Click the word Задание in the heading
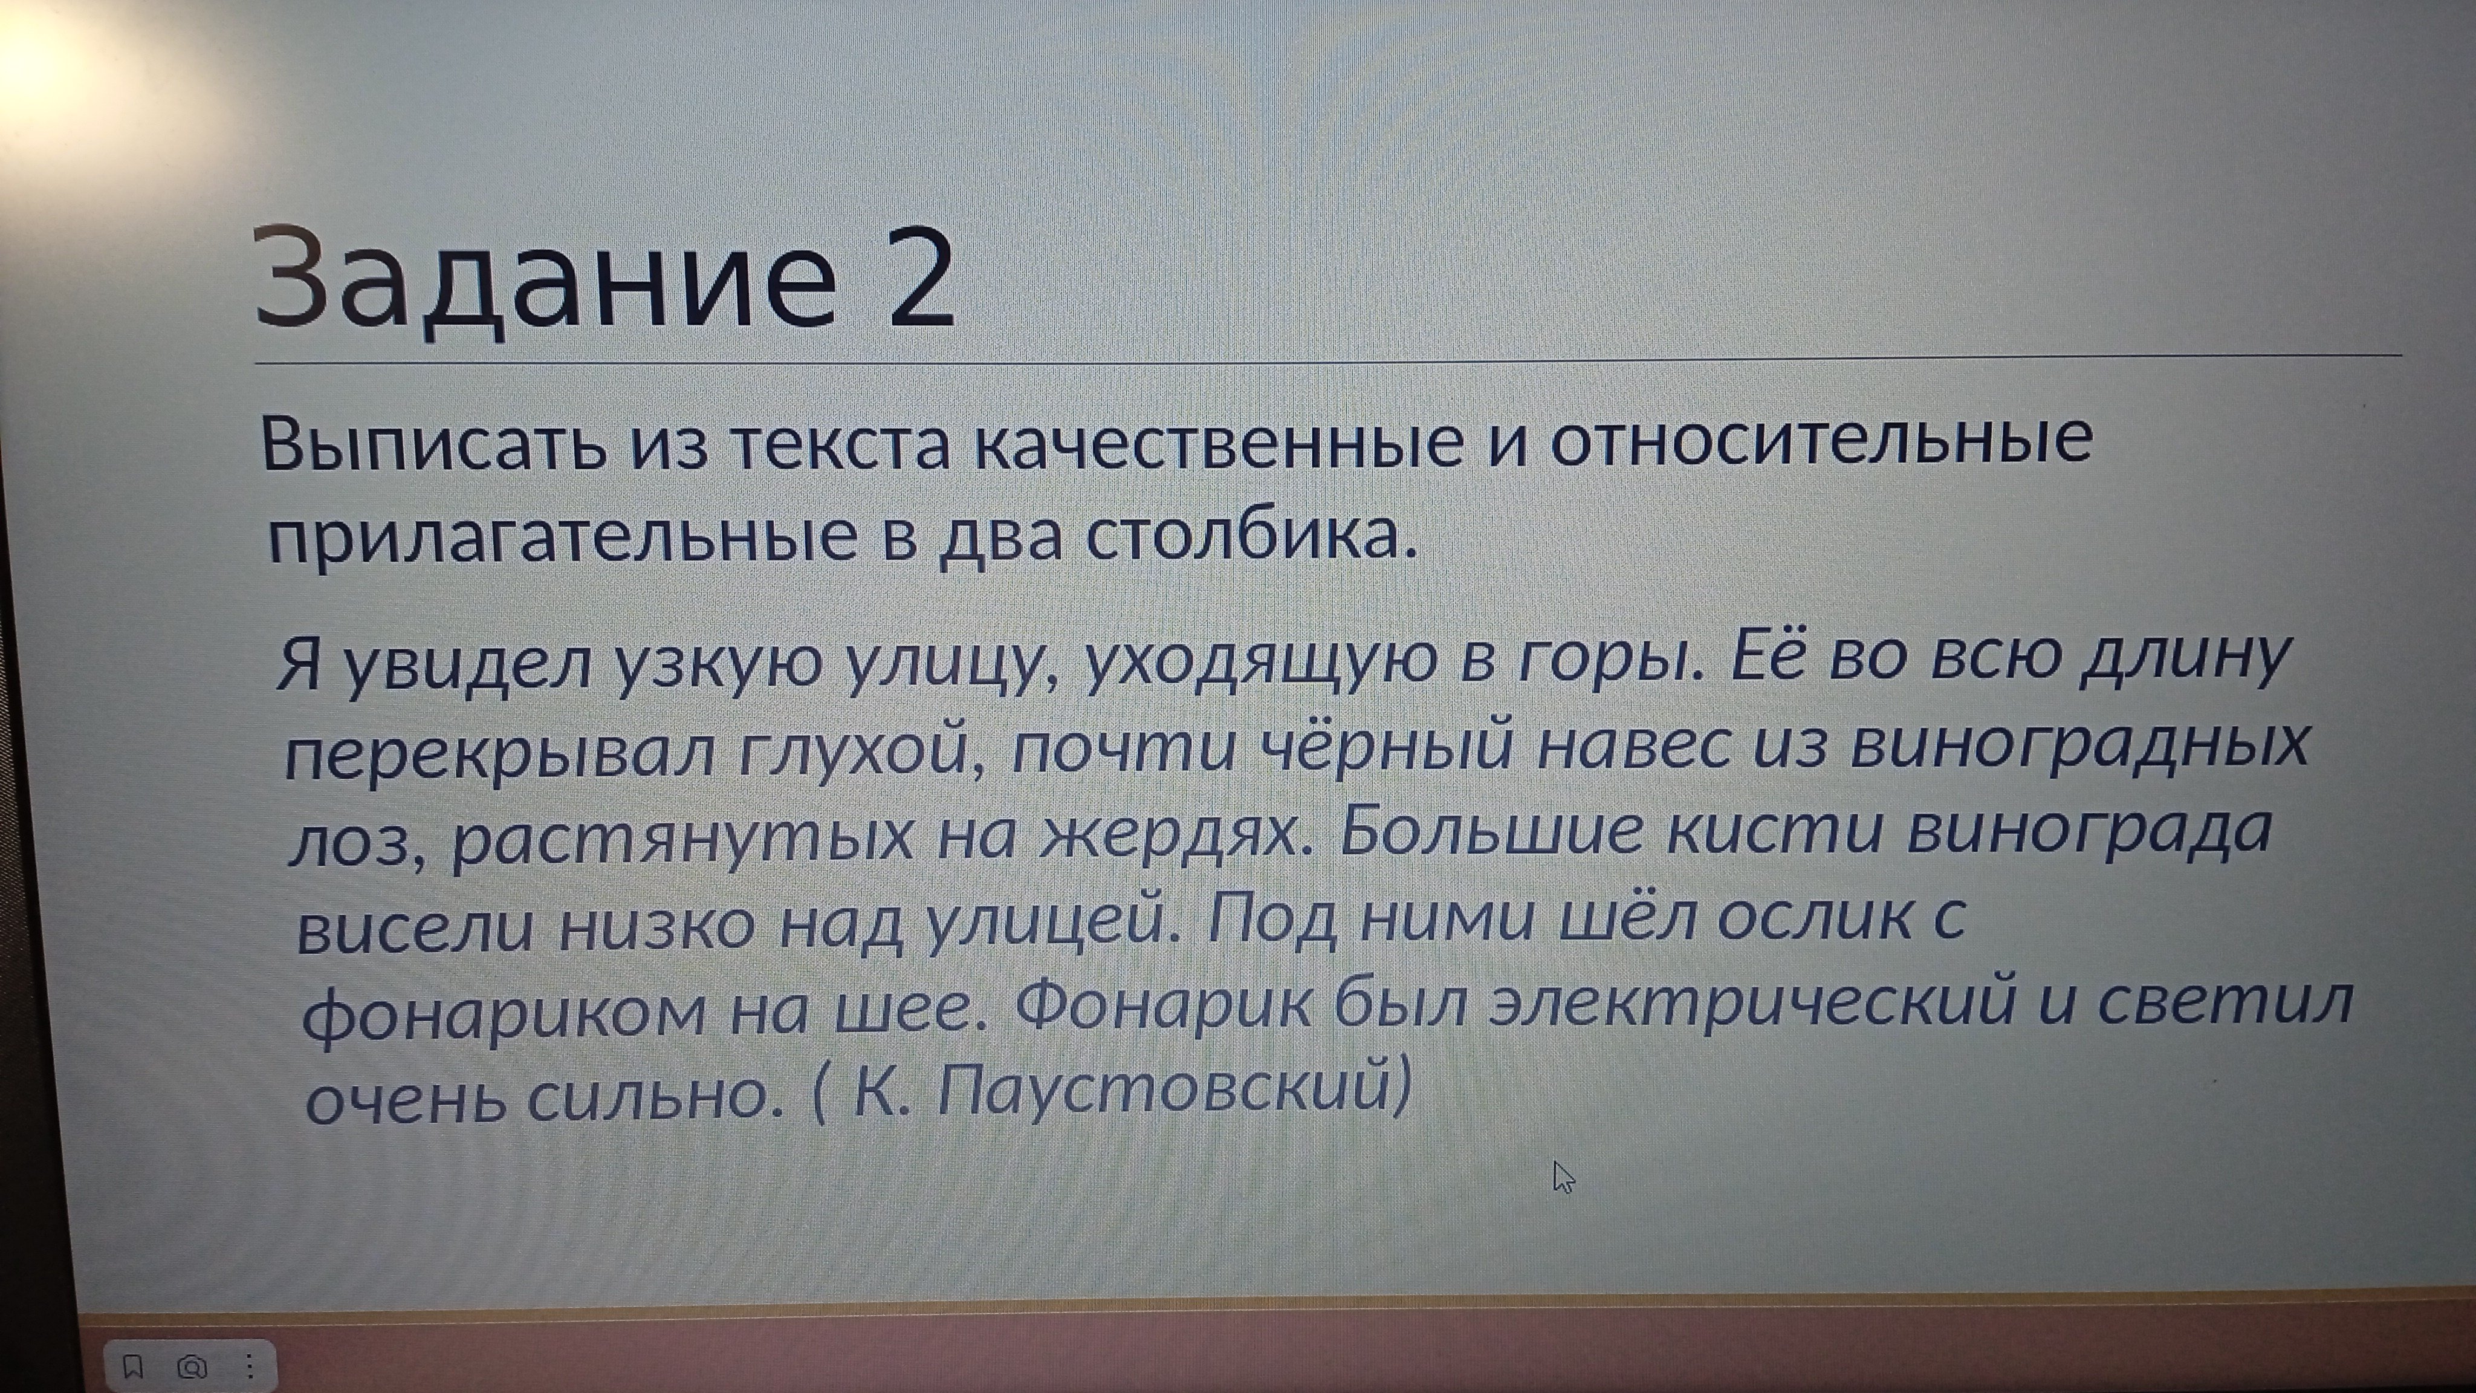pos(545,279)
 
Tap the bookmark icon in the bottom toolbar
pos(132,1366)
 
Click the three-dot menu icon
pos(249,1366)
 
